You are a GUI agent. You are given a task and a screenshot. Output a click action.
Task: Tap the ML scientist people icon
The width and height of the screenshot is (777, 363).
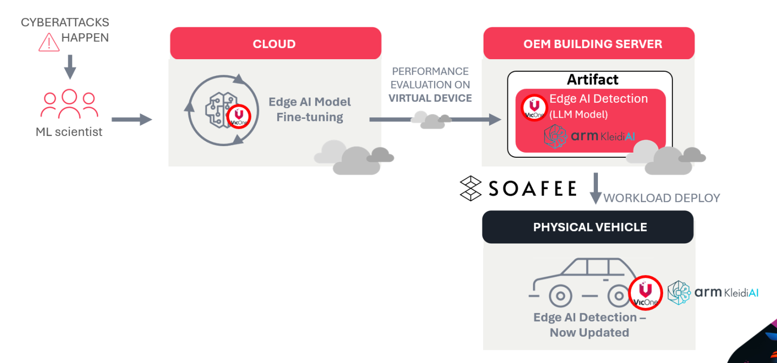coord(69,104)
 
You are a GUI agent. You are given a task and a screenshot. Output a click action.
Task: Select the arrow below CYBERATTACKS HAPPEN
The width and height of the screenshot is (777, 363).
coord(70,66)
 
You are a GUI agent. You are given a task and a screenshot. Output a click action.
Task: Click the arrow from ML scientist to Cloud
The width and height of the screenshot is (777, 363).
coord(132,119)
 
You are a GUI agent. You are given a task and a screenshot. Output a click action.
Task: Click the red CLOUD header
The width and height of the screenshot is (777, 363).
coord(275,44)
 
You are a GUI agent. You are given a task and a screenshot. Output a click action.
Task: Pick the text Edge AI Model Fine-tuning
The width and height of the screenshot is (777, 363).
coord(310,110)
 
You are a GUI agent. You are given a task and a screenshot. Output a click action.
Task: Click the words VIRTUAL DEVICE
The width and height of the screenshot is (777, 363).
coord(430,98)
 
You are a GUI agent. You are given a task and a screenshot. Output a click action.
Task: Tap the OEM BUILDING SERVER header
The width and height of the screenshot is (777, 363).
coord(589,44)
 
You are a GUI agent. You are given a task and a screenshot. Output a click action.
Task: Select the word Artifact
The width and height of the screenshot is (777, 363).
coord(592,80)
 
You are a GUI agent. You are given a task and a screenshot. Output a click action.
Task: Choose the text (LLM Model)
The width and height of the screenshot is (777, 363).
coord(579,115)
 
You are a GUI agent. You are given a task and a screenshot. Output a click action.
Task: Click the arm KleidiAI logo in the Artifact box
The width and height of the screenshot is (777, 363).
coord(589,137)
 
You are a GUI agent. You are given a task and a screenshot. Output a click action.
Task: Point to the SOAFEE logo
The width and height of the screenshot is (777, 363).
coord(517,189)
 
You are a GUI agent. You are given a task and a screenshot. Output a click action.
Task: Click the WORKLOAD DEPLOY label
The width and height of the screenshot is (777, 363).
coord(662,198)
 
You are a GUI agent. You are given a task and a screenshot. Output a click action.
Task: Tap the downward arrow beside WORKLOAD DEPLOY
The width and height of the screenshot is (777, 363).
coord(595,188)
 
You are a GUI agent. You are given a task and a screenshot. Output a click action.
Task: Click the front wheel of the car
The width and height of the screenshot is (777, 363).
coord(560,295)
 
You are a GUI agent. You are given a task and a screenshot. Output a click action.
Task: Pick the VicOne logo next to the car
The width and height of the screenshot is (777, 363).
coord(645,293)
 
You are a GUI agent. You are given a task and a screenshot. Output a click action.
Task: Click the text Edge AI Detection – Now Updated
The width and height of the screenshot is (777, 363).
coord(589,325)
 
